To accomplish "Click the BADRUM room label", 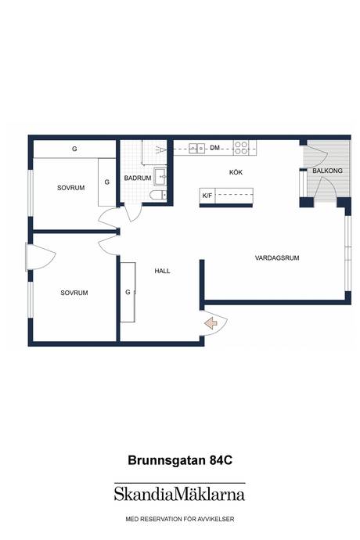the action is (x=138, y=178).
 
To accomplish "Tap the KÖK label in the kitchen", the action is (x=236, y=172).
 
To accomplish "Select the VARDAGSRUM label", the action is (x=277, y=257).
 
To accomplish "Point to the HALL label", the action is (x=162, y=271).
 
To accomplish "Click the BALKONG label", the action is (x=327, y=171).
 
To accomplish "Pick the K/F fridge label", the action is (x=207, y=196).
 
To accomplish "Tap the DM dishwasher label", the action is (x=214, y=148).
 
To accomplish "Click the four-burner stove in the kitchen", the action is (x=241, y=148).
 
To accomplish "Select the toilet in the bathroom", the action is (x=158, y=196).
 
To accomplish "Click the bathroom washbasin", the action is (x=160, y=177).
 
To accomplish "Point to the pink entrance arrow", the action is (x=211, y=323).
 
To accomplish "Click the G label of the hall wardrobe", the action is (x=128, y=292).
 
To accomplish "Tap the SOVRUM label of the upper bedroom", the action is (x=71, y=188).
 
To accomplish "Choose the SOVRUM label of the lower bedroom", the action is (x=74, y=293).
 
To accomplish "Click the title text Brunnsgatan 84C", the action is (x=180, y=460).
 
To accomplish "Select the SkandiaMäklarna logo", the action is (x=179, y=493).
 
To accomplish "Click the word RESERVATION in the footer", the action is (x=159, y=519).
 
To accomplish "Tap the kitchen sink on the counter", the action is (x=196, y=148).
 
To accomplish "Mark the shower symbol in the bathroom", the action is (x=161, y=149).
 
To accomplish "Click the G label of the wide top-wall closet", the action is (x=74, y=149).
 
